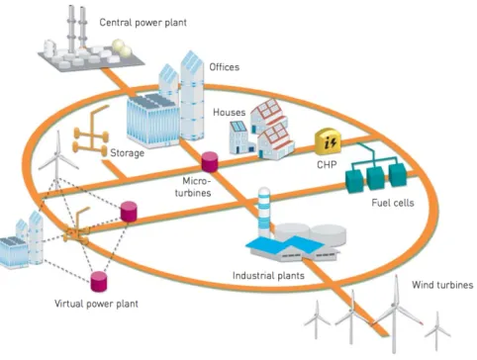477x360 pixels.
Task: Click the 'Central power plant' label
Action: (x=143, y=23)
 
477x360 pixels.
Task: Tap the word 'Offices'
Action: (x=225, y=67)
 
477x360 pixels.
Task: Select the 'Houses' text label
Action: (x=230, y=113)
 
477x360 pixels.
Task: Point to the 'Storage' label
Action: (x=127, y=153)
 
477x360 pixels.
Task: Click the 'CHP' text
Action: (x=327, y=164)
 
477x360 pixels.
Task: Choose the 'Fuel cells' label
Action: (x=393, y=203)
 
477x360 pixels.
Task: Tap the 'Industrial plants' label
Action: (x=268, y=276)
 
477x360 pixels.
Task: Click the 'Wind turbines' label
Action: (x=442, y=285)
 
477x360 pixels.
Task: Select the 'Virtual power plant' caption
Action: (x=96, y=304)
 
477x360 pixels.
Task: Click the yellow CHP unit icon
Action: (x=328, y=141)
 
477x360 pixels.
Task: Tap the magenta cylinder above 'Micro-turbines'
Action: (x=210, y=161)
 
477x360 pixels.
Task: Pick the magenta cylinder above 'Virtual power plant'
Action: (x=99, y=282)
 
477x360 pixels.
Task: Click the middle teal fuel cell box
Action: (x=375, y=178)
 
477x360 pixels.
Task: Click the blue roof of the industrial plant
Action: (x=285, y=245)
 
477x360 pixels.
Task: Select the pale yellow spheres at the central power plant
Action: (x=122, y=48)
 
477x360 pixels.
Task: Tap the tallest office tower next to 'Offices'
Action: (x=192, y=96)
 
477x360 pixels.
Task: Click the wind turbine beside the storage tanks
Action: (x=57, y=159)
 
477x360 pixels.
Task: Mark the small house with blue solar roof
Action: (x=240, y=137)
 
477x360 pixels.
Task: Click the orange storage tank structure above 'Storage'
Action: (x=91, y=131)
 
